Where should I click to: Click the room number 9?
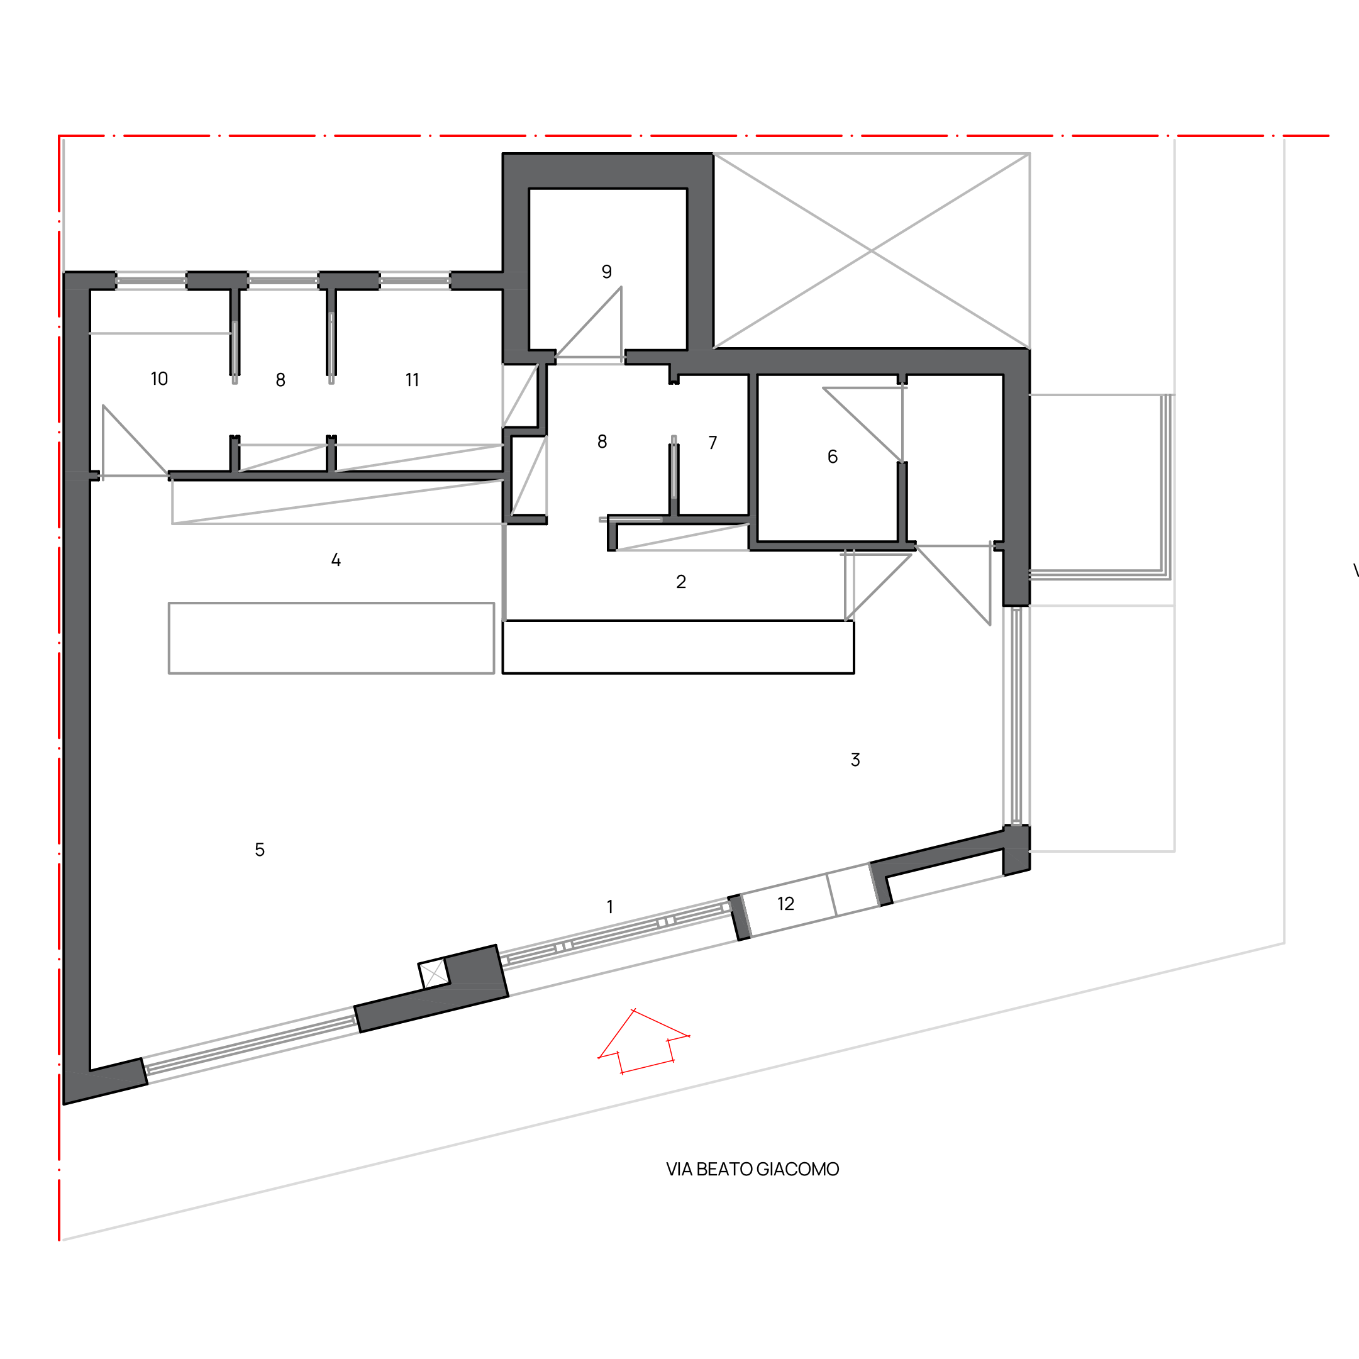[x=606, y=272]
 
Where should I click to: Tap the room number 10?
[x=159, y=379]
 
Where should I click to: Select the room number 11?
[x=412, y=380]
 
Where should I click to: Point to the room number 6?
[x=832, y=457]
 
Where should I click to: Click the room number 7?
[x=713, y=443]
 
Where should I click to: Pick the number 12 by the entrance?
[x=785, y=904]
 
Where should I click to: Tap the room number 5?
[x=260, y=850]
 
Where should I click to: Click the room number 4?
[x=336, y=560]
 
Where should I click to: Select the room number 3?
[x=855, y=760]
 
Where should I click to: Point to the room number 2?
[x=681, y=582]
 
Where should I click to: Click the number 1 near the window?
[x=610, y=907]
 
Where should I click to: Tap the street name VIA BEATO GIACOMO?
[x=753, y=1169]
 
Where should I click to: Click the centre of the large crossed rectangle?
[x=872, y=250]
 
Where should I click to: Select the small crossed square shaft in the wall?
[x=434, y=973]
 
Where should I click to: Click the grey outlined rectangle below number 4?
[x=331, y=638]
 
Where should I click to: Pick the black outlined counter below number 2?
[x=678, y=647]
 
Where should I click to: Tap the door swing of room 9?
[x=589, y=324]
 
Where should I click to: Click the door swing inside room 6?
[x=862, y=425]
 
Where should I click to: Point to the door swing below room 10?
[x=135, y=440]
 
